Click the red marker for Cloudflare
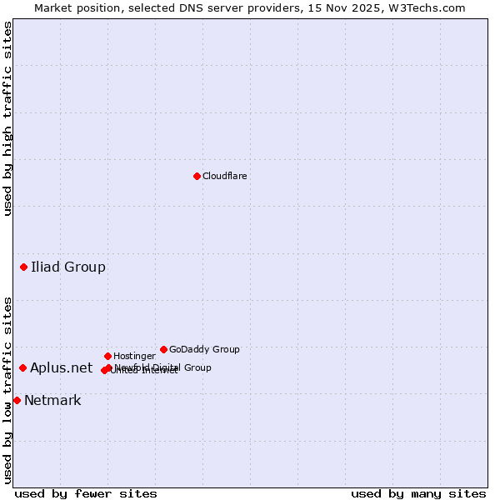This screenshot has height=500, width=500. point(197,176)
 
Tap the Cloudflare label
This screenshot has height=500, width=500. point(224,176)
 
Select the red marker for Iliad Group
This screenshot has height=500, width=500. point(23,267)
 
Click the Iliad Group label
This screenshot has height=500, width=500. point(68,267)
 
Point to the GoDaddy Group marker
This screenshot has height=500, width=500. point(163,349)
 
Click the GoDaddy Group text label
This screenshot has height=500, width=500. point(204,349)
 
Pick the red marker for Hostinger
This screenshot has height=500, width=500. point(107,356)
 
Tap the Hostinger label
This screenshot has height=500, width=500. point(134,356)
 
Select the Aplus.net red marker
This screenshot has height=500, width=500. point(22,367)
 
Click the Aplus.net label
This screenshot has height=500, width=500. point(62,367)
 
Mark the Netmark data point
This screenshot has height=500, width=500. point(17,400)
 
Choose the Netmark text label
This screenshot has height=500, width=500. point(52,400)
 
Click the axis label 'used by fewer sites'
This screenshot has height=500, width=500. point(86,493)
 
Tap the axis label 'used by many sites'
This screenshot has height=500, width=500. point(418,493)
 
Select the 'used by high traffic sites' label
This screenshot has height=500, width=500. point(7,118)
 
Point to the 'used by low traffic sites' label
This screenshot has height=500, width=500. point(7,390)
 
